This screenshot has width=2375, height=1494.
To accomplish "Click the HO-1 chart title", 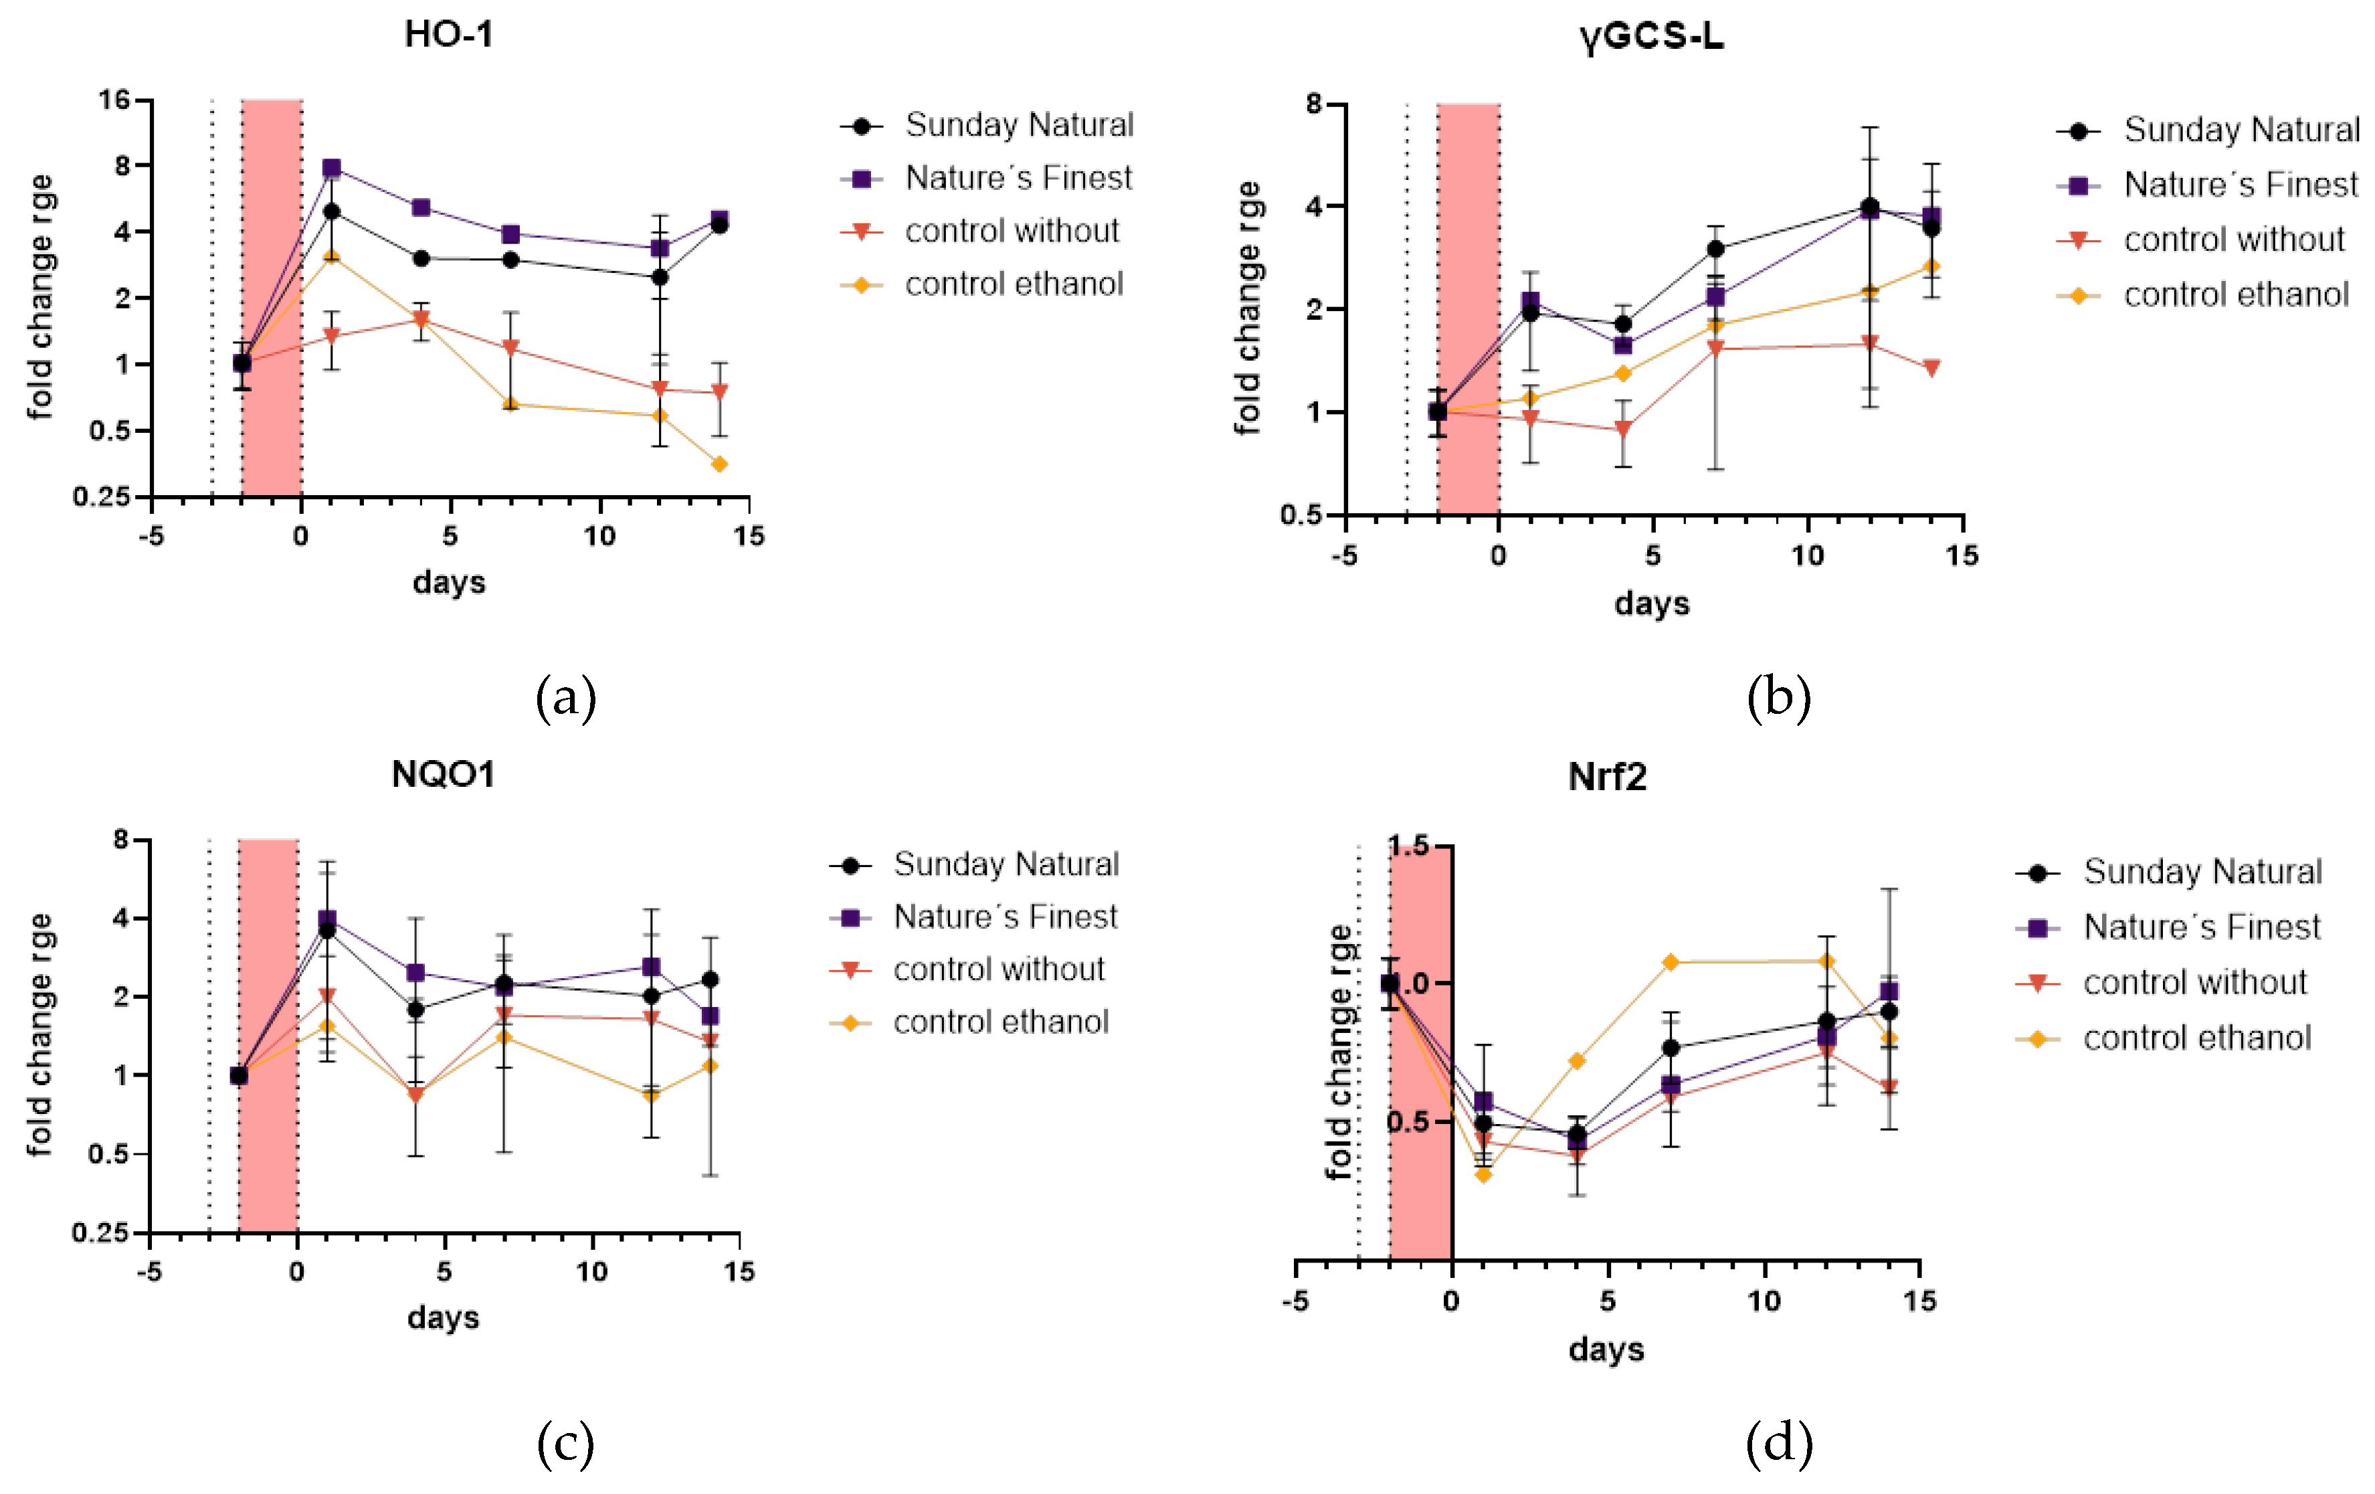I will (x=449, y=35).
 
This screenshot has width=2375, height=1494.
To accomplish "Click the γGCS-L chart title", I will (x=1651, y=37).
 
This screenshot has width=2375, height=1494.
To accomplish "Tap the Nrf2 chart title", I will (x=1607, y=777).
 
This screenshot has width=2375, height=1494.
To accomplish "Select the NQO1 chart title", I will (x=443, y=774).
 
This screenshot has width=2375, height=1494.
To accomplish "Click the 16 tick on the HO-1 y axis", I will (x=114, y=100).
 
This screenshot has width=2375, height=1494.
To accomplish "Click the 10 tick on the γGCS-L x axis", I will (x=1807, y=556).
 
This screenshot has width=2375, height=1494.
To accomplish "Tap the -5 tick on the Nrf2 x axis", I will (x=1296, y=1302).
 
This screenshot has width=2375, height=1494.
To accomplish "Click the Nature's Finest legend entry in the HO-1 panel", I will (x=1018, y=179).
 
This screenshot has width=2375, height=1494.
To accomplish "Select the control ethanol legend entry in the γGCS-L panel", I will (x=2235, y=295).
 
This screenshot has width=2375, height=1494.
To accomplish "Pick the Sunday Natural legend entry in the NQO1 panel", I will (x=1005, y=865).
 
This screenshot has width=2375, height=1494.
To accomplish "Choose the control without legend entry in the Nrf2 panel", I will (x=2194, y=984).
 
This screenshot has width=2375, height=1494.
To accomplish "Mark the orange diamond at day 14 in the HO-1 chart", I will (x=719, y=464).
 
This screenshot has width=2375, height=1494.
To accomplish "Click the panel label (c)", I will (x=565, y=1444).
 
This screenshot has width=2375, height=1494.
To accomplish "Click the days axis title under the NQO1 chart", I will (x=443, y=1317).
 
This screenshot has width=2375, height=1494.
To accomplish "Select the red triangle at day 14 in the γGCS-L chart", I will (x=1931, y=368).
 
